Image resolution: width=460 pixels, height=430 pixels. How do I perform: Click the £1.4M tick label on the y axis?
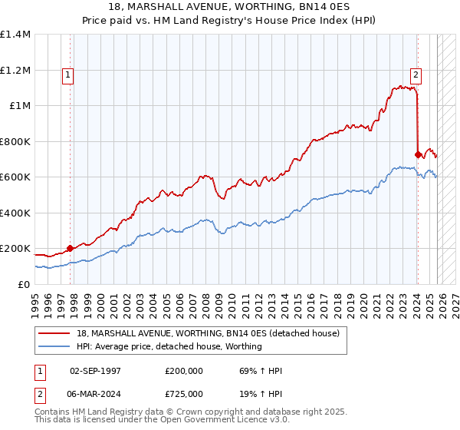point(15,35)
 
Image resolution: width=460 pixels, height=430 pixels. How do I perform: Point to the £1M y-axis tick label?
point(20,106)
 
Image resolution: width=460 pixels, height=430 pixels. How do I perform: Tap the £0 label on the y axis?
point(25,284)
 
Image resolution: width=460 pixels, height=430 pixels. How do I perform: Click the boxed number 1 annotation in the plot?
point(69,75)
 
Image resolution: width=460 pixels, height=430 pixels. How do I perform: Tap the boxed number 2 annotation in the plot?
point(416,75)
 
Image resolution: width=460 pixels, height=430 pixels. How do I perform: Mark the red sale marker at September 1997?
point(70,248)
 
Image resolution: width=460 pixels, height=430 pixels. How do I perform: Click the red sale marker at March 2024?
point(418,154)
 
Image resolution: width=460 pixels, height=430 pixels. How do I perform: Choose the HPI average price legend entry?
point(169,346)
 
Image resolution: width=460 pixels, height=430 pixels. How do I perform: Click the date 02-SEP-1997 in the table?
point(95,371)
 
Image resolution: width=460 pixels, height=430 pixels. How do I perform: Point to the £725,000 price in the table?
point(183,393)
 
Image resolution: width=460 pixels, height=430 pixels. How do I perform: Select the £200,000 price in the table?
point(183,371)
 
